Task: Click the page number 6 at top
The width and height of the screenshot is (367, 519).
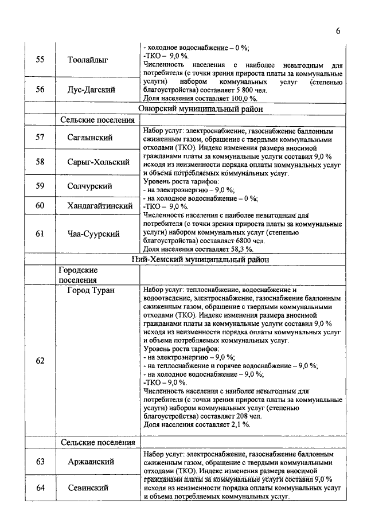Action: click(338, 31)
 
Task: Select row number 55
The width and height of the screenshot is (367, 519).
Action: click(40, 60)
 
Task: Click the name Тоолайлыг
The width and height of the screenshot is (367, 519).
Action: click(88, 60)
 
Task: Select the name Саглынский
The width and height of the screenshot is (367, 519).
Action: click(90, 138)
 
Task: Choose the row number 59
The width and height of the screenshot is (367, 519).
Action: click(40, 186)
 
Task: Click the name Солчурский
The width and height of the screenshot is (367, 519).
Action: click(90, 186)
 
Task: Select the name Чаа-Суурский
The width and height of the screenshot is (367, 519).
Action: click(93, 233)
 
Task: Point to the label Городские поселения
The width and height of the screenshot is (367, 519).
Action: click(79, 275)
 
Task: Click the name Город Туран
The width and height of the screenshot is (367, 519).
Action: click(91, 290)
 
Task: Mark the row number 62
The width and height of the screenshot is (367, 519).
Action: click(40, 361)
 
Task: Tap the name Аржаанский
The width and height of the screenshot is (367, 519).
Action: click(91, 461)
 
